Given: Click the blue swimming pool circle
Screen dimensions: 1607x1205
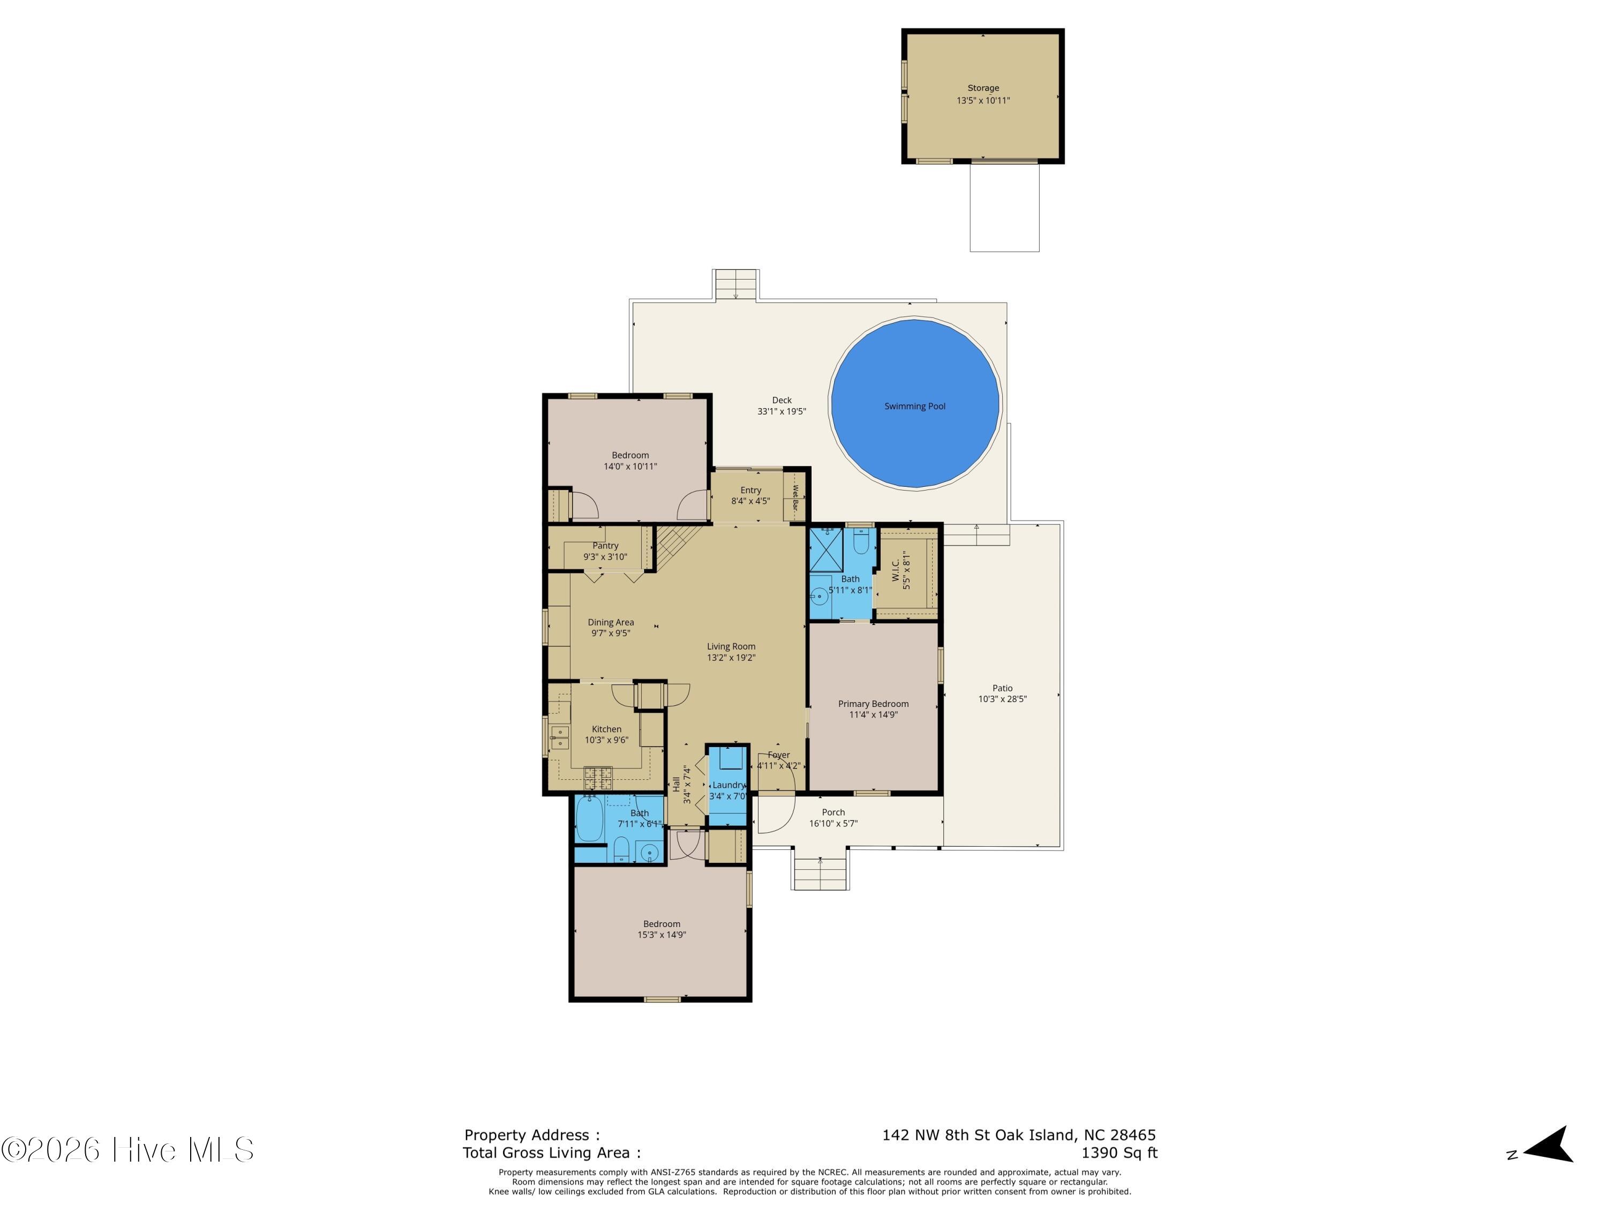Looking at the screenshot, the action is (x=915, y=403).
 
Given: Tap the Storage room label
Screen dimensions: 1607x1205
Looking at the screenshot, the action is (x=983, y=88).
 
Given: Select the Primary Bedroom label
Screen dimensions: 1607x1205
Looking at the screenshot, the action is (x=873, y=704).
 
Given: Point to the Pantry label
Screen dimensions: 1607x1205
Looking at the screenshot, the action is (x=605, y=546).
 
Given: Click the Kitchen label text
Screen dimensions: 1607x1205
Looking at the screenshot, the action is (x=606, y=729).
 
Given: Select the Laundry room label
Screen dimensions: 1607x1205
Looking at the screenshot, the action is (x=729, y=785).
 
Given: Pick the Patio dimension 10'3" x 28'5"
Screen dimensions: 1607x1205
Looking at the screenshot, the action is (x=1003, y=699).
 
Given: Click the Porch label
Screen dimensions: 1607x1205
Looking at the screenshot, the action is (x=833, y=813).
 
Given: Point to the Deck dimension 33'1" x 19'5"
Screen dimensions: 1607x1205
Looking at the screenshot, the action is (x=782, y=412).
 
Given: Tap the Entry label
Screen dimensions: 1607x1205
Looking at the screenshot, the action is (x=750, y=490).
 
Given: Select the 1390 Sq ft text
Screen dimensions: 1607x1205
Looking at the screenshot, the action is (x=1120, y=1153).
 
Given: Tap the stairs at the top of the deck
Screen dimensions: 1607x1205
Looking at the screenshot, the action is (x=737, y=285).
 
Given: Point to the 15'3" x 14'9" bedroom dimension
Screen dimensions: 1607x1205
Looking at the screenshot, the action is (x=662, y=935).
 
